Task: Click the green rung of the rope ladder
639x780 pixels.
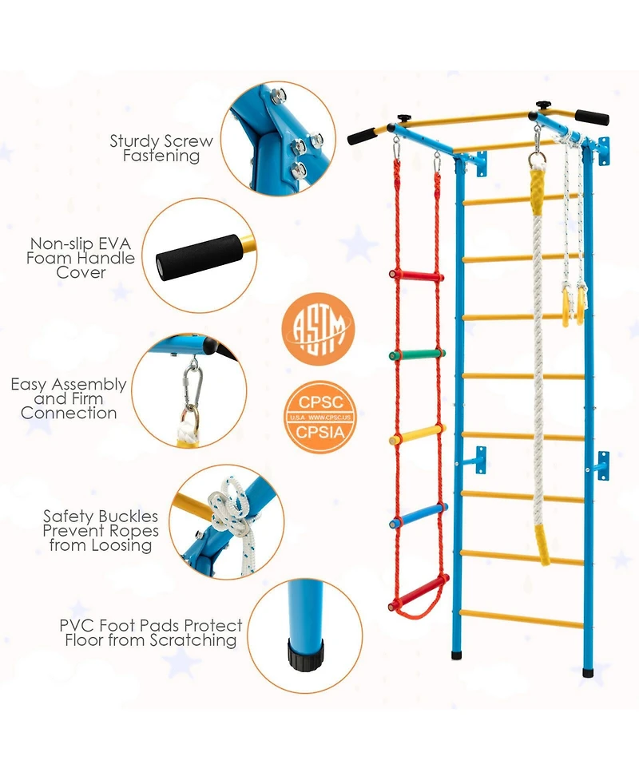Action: click(416, 354)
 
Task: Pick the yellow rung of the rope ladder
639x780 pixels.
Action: click(418, 437)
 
